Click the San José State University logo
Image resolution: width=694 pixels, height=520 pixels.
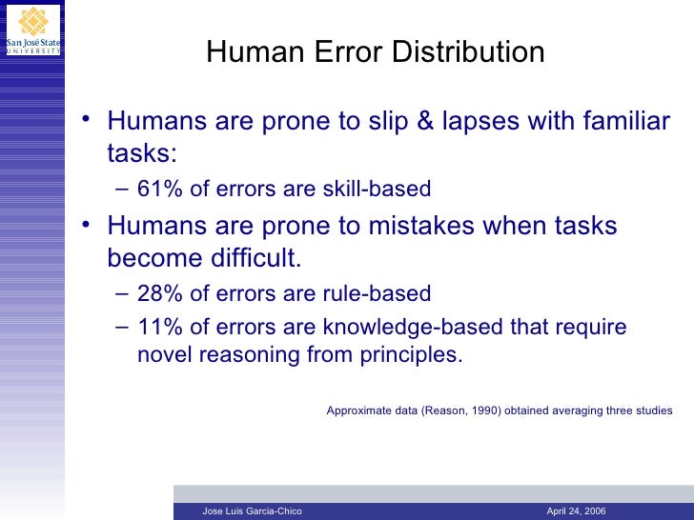pos(32,29)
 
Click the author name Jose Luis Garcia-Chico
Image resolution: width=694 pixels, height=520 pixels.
pos(253,511)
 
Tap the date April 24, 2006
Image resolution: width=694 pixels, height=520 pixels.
pos(576,511)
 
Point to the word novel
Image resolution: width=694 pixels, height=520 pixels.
pos(167,356)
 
